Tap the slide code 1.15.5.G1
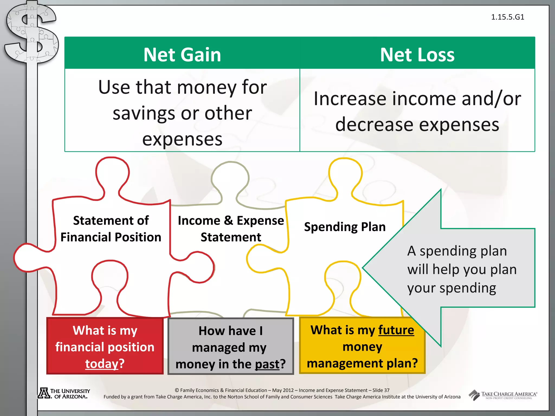pos(508,17)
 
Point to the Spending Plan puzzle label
pos(345,227)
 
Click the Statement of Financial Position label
pos(111,229)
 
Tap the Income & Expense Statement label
pos(231,229)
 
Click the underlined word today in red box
pos(102,363)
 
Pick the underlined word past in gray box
pos(267,364)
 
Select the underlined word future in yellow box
pos(396,330)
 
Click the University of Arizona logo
pos(64,393)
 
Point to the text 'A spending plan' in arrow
pos(457,251)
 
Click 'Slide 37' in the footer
pos(381,390)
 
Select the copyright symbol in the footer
pos(177,390)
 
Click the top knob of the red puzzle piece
pos(112,173)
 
